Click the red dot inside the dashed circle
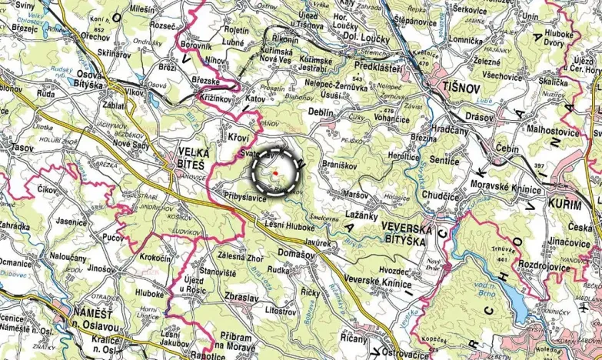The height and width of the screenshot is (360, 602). (274, 173)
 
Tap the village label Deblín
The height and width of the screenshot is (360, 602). (321, 112)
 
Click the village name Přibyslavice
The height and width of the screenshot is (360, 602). (246, 198)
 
